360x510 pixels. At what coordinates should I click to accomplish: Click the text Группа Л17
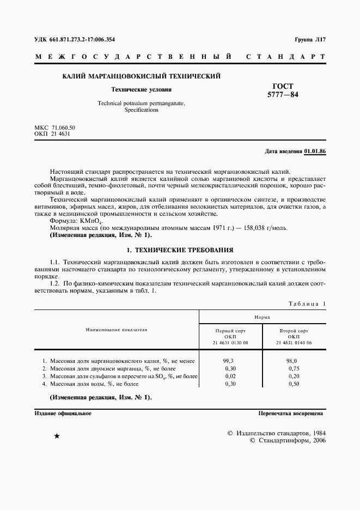309,39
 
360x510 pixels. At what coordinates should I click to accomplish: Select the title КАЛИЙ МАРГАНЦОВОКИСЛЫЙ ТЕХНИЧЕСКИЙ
142,76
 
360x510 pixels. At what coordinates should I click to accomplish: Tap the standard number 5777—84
279,94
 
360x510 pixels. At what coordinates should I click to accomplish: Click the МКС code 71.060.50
63,127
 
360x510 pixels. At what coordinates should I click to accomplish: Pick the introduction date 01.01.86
315,151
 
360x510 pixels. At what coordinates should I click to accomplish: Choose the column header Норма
263,317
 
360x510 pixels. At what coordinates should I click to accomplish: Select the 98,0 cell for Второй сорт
291,361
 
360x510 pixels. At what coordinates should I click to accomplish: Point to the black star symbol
57,436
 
